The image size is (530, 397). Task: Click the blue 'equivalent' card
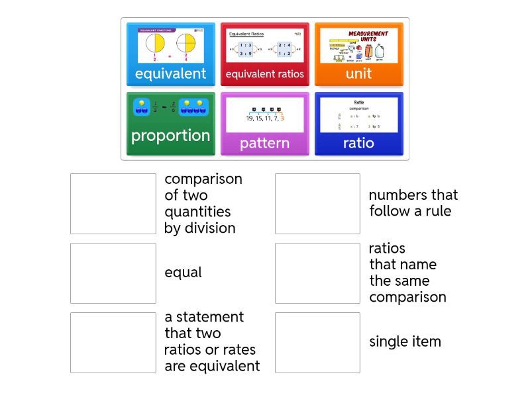pos(171,55)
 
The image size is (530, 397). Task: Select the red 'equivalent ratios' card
pos(264,55)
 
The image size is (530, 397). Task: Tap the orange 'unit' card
pos(358,55)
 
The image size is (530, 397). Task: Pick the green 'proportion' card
pos(171,124)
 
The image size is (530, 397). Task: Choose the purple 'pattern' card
pos(264,124)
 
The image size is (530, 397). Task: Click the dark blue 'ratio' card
pos(358,124)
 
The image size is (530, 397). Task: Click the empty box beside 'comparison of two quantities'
pos(113,204)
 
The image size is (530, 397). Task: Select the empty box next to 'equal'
pos(113,273)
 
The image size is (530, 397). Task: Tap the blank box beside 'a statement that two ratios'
pos(113,343)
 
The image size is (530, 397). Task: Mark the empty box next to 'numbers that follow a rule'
pos(317,204)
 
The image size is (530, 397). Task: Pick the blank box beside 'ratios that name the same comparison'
pos(317,273)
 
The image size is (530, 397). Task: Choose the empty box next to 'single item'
pos(317,343)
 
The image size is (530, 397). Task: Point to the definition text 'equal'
pos(183,273)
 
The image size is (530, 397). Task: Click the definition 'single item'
pos(405,342)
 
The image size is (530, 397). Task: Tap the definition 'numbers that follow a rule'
pos(413,203)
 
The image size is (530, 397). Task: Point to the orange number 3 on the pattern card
pos(282,118)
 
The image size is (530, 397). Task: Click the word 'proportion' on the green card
pos(170,136)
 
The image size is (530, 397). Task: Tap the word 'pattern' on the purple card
pos(264,143)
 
